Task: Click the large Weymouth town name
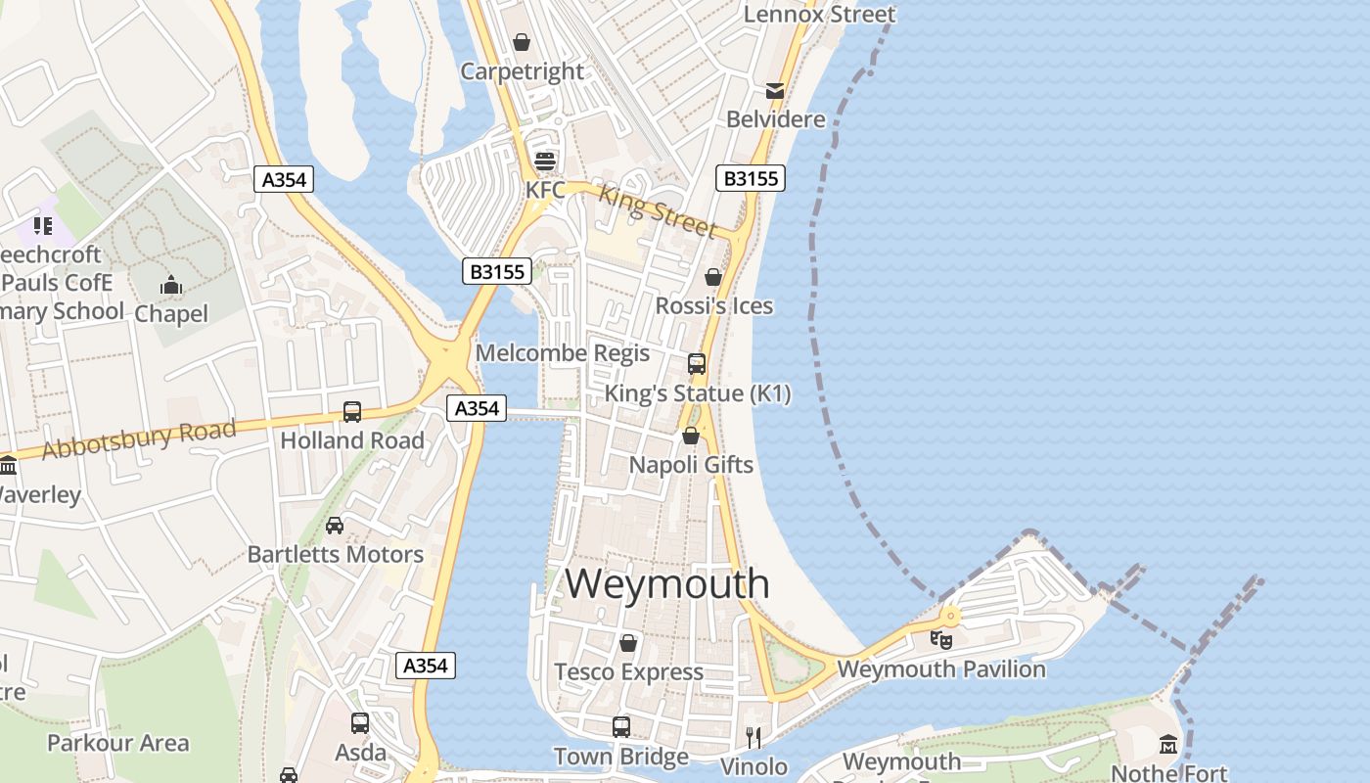point(667,583)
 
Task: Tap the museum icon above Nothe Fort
point(1167,744)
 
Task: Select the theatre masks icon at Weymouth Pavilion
point(941,639)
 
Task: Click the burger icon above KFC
point(544,161)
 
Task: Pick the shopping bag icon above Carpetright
point(522,42)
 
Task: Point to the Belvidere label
point(775,119)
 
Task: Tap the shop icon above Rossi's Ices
point(713,277)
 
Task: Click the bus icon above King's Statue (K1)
point(697,364)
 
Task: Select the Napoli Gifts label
point(691,464)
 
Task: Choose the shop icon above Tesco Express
point(628,643)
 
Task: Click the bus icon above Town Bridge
point(621,727)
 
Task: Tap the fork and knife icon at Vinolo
point(753,737)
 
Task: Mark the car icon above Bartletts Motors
point(335,526)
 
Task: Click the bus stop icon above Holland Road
point(352,412)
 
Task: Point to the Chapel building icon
point(171,286)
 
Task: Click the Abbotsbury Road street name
point(139,439)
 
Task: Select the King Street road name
point(657,209)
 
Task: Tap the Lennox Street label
point(819,14)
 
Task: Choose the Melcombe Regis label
point(562,353)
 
